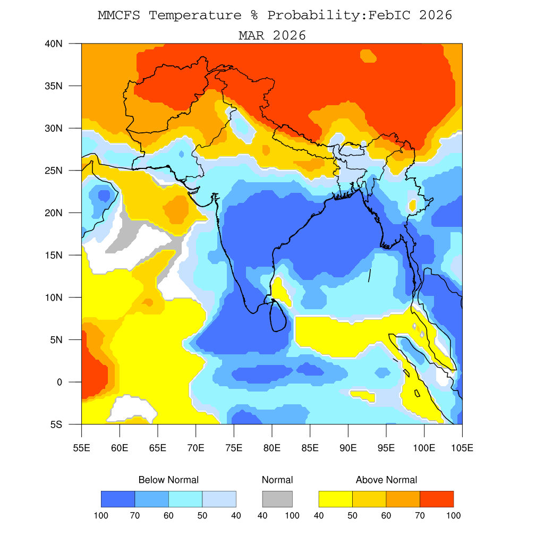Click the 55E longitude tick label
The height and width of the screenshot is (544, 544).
81,448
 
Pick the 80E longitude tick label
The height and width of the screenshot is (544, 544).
272,448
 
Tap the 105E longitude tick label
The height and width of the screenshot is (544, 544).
462,448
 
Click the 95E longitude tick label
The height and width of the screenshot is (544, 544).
386,448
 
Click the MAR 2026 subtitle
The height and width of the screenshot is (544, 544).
272,36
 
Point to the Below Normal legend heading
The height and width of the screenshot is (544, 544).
168,480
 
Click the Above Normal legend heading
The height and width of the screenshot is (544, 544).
386,480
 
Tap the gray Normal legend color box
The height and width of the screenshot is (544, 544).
277,499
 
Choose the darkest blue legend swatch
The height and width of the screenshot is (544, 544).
118,499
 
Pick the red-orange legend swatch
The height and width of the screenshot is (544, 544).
437,499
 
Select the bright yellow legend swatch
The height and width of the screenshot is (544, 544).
335,499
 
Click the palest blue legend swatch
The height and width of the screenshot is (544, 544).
219,499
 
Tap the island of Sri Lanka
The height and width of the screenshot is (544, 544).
278,316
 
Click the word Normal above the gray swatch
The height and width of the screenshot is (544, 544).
277,480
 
